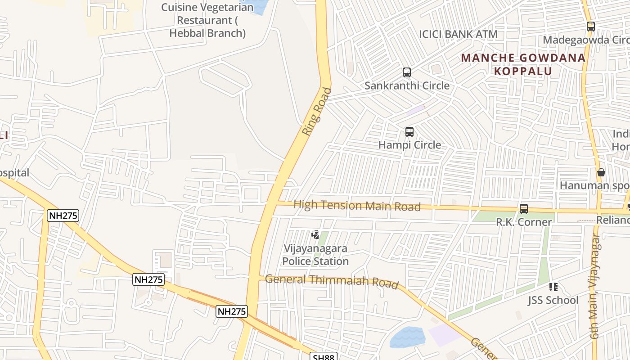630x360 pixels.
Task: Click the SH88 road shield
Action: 324,357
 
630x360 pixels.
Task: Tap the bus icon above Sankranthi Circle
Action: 407,72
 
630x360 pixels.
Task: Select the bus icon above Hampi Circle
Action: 409,132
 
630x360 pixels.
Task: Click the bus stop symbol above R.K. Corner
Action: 524,209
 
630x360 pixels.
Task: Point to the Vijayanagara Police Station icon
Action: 315,234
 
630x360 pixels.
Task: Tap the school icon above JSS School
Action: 553,287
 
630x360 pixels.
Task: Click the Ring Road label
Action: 317,112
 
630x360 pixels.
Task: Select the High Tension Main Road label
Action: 357,206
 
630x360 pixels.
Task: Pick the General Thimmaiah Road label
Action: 332,281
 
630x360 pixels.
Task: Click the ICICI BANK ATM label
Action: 458,34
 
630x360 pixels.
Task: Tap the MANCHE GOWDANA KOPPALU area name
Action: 523,64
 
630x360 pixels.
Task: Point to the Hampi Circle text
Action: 409,145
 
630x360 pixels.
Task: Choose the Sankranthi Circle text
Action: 407,85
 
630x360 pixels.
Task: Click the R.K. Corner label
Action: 524,222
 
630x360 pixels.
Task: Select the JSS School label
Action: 553,300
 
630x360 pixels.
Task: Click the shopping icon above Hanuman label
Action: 601,172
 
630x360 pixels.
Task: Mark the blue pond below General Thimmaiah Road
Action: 407,337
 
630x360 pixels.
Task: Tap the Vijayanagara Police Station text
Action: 315,255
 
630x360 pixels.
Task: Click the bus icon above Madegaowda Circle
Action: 591,27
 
